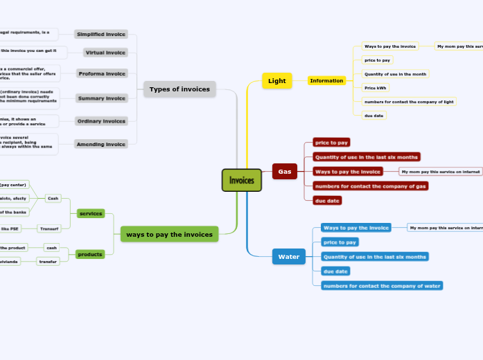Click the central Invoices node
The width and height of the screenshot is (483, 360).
241,181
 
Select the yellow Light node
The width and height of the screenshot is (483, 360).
276,81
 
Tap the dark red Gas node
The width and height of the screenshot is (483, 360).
284,171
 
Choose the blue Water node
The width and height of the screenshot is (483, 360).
288,257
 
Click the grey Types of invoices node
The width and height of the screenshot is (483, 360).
179,89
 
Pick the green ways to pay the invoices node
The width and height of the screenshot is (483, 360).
169,235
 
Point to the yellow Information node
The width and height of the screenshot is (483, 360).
326,81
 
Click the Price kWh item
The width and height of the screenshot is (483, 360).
375,88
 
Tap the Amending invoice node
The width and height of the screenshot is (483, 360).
101,145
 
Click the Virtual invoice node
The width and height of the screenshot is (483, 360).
105,53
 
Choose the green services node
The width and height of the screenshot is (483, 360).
91,213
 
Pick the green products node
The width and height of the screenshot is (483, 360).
91,254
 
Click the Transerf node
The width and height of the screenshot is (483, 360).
49,228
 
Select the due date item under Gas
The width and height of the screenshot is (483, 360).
327,201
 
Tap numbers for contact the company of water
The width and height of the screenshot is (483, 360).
381,285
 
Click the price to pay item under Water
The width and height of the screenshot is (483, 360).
340,242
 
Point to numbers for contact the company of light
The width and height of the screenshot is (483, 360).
408,102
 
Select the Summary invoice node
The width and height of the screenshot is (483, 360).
102,98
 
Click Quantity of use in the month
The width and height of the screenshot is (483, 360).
395,74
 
